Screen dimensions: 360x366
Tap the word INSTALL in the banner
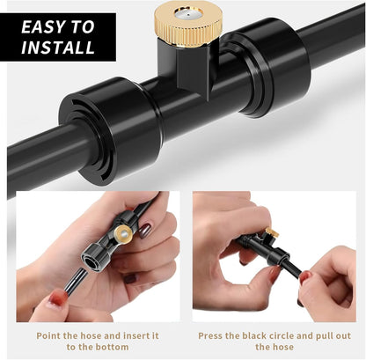click(x=58, y=47)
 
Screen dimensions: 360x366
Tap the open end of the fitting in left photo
click(x=91, y=260)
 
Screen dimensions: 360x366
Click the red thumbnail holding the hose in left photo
click(x=58, y=299)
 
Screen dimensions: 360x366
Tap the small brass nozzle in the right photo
click(x=272, y=232)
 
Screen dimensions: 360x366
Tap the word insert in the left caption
click(x=135, y=335)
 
